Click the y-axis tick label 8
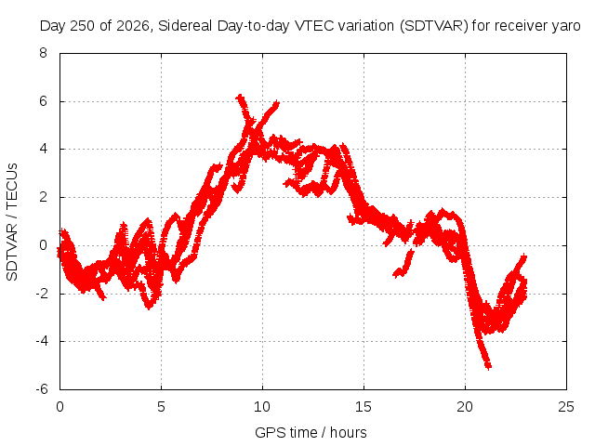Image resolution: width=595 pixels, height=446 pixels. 43,53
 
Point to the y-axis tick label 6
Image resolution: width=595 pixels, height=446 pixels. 43,101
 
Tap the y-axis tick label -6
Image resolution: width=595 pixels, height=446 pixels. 41,389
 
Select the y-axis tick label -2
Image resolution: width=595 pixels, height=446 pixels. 41,294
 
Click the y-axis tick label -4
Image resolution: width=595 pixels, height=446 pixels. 41,341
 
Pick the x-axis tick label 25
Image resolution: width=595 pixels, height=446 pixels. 566,407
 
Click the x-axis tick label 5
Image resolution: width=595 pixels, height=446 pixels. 161,407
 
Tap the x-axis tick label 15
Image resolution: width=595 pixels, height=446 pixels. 364,407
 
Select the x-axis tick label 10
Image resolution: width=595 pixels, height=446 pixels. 262,407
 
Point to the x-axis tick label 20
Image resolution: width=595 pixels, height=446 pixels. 465,407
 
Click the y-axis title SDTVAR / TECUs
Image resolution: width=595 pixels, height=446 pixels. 12,222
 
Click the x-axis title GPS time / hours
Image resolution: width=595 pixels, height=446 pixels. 311,432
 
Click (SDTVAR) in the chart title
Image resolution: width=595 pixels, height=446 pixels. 434,26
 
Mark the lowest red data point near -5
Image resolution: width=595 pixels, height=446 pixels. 488,366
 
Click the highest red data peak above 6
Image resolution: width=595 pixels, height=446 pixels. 240,97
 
